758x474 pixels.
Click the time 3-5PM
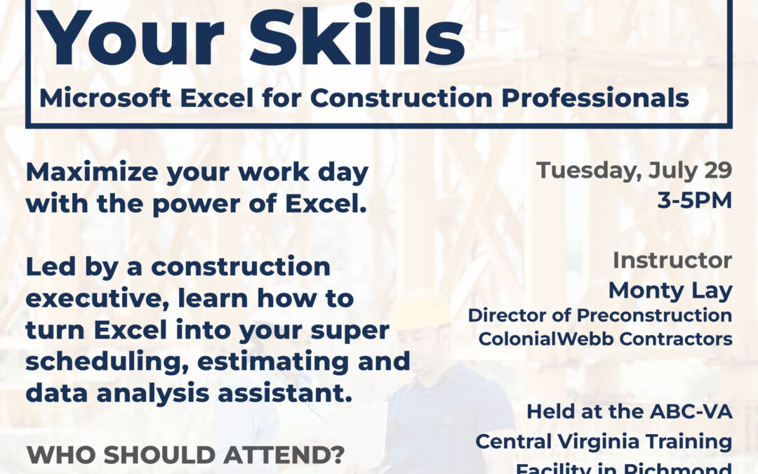pos(693,201)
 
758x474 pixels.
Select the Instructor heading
pos(672,260)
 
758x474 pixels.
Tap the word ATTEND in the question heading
pos(284,455)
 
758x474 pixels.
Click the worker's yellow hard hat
pos(421,309)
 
